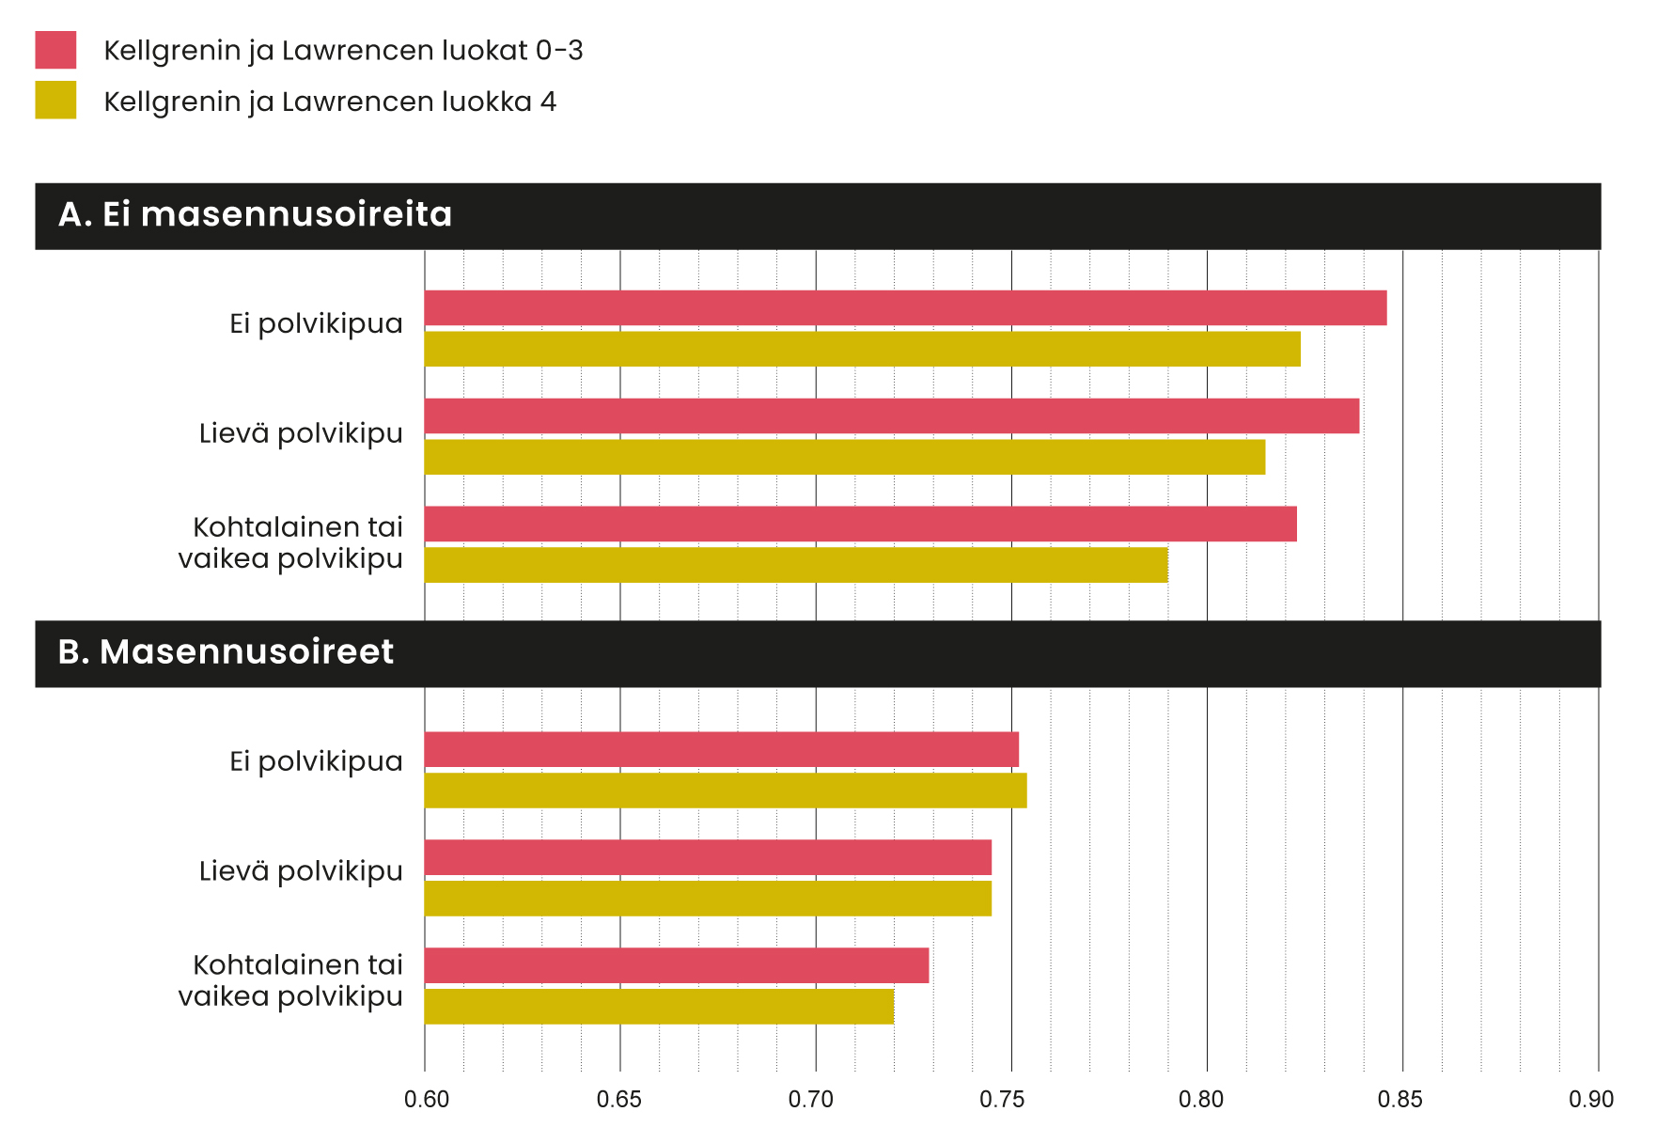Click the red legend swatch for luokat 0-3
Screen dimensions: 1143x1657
coord(55,50)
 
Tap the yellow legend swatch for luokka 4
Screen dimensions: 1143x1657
coord(55,101)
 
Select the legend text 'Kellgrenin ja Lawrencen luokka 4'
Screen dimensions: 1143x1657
coord(330,102)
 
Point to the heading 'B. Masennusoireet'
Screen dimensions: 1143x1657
coord(226,652)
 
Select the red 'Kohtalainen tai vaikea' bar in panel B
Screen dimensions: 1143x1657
coord(677,965)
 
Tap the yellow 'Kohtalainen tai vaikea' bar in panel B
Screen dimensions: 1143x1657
coord(659,1007)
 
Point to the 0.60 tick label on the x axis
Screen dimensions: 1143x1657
coord(427,1100)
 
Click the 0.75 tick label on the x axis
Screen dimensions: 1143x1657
coord(1002,1100)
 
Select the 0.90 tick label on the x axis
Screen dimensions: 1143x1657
coord(1590,1100)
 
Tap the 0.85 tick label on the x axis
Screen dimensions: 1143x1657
coord(1399,1100)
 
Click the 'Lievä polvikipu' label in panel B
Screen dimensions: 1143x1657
coord(301,871)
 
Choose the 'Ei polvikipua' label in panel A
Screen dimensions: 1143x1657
coord(316,323)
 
